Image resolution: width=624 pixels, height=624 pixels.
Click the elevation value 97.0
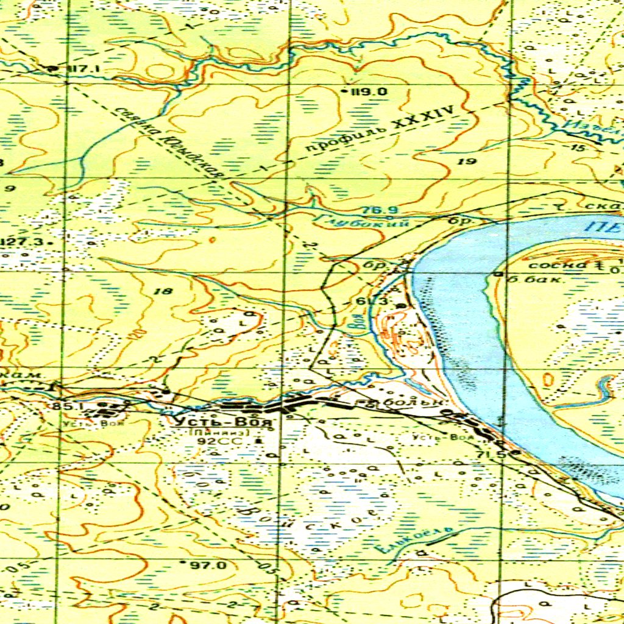(x=208, y=565)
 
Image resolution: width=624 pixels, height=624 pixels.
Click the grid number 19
(x=467, y=161)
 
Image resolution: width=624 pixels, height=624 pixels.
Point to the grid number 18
(x=163, y=291)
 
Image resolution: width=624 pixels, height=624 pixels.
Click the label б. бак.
(x=529, y=279)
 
